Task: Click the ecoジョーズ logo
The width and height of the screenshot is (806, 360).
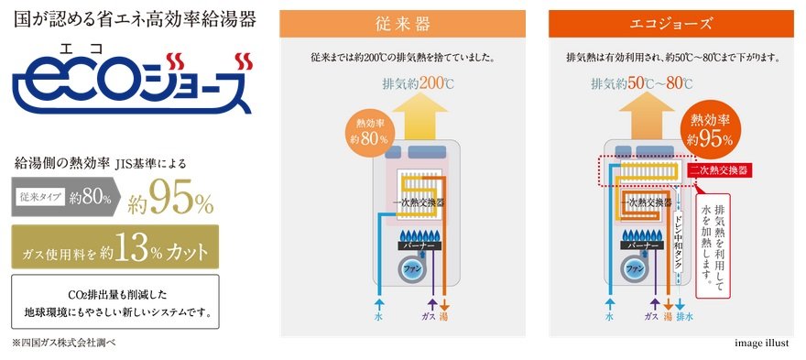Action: pyautogui.click(x=133, y=82)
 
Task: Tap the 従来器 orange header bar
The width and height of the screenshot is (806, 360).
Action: pyautogui.click(x=402, y=24)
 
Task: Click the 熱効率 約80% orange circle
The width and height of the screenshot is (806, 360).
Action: pyautogui.click(x=370, y=131)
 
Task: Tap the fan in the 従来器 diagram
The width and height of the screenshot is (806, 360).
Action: pyautogui.click(x=409, y=269)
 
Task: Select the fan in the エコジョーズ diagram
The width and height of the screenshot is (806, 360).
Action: pyautogui.click(x=635, y=269)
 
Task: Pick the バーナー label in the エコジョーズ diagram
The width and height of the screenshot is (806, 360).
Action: pyautogui.click(x=641, y=246)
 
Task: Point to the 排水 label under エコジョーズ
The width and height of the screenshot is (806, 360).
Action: pyautogui.click(x=682, y=317)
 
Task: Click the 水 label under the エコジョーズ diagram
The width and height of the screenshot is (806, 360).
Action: pyautogui.click(x=610, y=317)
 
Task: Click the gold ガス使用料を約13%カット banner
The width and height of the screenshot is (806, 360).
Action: pyautogui.click(x=115, y=246)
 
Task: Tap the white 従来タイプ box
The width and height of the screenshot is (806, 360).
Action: pyautogui.click(x=40, y=197)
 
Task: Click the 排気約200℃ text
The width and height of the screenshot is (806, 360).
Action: pyautogui.click(x=419, y=84)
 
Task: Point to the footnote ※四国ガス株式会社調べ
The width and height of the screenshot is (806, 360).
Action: pyautogui.click(x=60, y=343)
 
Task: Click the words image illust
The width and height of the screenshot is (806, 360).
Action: pyautogui.click(x=764, y=343)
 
